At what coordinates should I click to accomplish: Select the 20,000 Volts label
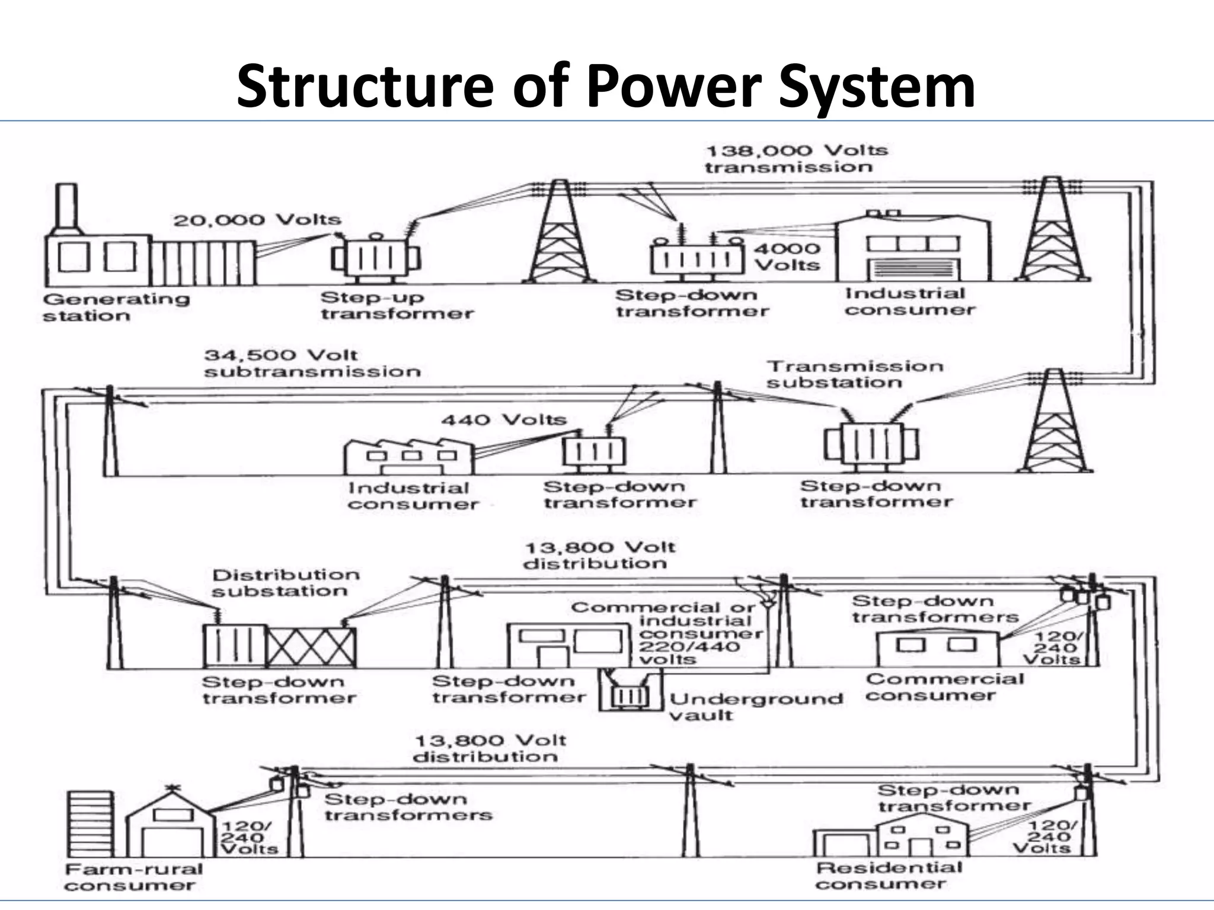tap(257, 220)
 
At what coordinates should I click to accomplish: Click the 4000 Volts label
tap(787, 257)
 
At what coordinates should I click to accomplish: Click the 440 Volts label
tap(504, 419)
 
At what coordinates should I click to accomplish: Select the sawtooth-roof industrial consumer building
tap(408, 456)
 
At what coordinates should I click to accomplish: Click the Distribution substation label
tap(285, 583)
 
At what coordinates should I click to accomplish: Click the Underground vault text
tap(755, 706)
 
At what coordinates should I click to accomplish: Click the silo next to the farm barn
tap(90, 823)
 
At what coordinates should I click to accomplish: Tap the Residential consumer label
tap(888, 876)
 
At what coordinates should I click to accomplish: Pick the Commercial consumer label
tap(944, 687)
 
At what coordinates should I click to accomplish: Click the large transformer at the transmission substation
tap(871, 443)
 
